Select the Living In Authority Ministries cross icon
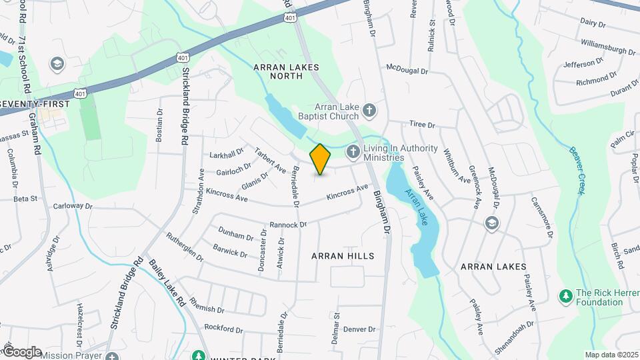[x=353, y=153]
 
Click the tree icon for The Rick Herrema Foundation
[x=565, y=295]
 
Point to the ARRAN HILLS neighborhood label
[x=343, y=256]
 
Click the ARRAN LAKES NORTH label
[x=286, y=71]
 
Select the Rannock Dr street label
[x=287, y=225]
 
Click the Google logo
[x=22, y=351]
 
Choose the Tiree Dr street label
[x=421, y=125]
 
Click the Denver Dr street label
[x=360, y=329]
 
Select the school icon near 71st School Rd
[x=57, y=63]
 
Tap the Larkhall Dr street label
[x=227, y=154]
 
